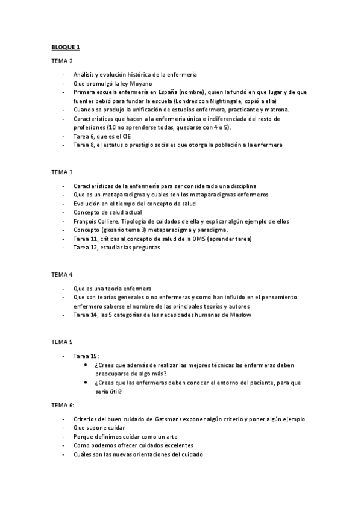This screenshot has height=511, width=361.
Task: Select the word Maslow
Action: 239,315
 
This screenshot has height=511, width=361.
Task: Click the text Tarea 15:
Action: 86,356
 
